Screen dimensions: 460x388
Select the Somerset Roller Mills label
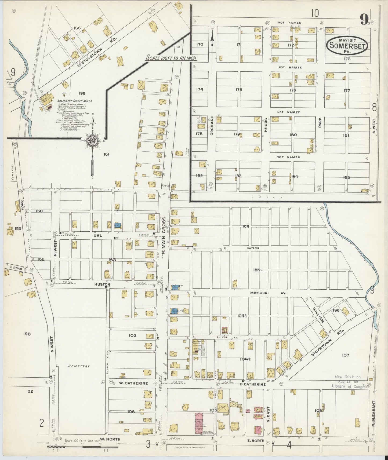pyautogui.click(x=74, y=101)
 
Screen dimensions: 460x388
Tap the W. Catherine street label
pyautogui.click(x=133, y=383)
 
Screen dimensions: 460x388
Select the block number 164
pyautogui.click(x=246, y=226)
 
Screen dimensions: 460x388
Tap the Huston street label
pyautogui.click(x=102, y=284)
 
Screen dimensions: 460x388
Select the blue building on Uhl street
pyautogui.click(x=117, y=225)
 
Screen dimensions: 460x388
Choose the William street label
pyautogui.click(x=318, y=315)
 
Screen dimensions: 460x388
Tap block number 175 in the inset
pyautogui.click(x=239, y=90)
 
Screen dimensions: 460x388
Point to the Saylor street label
pyautogui.click(x=253, y=248)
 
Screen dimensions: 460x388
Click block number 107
pyautogui.click(x=345, y=355)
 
